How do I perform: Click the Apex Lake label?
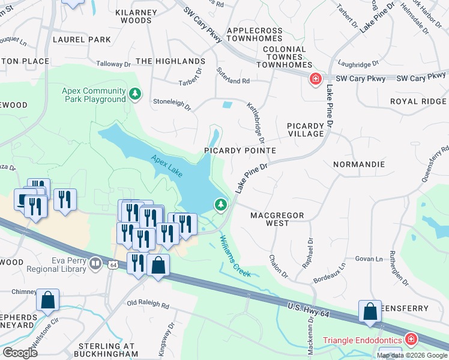point(167,165)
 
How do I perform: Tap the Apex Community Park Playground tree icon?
point(136,94)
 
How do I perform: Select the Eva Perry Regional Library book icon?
point(95,263)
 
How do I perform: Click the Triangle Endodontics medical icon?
point(411,340)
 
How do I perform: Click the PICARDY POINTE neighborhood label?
point(240,151)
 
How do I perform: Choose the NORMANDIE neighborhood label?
point(359,164)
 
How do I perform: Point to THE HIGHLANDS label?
point(170,61)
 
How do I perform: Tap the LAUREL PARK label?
point(82,40)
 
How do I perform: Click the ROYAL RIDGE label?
point(418,102)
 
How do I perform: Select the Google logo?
point(20,352)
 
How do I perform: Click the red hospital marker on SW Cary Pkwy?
point(315,79)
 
